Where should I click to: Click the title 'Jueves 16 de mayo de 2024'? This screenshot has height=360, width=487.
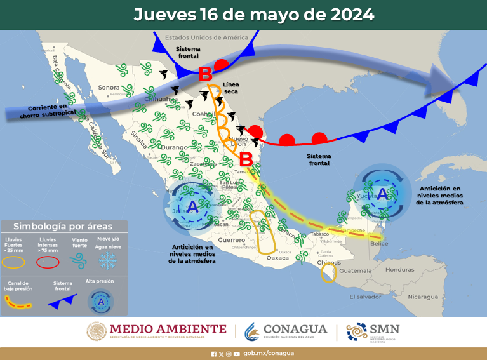pos(253,14)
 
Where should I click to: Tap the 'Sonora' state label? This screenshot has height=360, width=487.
pos(109,88)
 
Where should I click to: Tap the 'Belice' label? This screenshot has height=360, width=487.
pos(378,244)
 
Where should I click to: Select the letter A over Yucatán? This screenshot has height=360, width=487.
pos(381,193)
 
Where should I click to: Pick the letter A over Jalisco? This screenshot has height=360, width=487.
pos(193,207)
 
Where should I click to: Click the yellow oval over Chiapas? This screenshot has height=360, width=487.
pos(328,273)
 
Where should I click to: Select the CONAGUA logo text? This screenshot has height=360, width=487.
pos(295,330)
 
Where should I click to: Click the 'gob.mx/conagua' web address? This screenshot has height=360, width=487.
pos(269,353)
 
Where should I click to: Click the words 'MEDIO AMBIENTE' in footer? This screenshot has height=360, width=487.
pos(168,328)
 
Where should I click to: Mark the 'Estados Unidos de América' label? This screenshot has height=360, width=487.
pos(206,38)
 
